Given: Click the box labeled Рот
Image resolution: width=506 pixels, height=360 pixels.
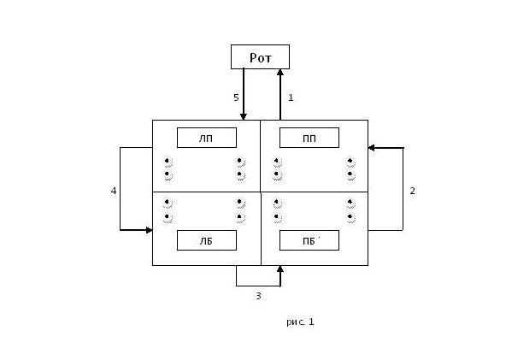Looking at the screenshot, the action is [x=260, y=56].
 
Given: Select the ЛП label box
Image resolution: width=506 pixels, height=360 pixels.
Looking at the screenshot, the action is [x=207, y=138].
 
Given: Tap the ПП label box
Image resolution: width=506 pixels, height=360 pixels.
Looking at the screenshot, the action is [x=309, y=138].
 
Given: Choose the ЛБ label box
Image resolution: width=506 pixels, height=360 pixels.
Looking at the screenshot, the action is [x=207, y=240].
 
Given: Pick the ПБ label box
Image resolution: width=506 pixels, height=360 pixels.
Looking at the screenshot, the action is [x=309, y=240].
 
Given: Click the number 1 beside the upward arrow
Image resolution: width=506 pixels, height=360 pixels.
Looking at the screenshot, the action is [x=291, y=97].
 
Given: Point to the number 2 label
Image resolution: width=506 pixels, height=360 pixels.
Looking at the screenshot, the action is [x=412, y=191].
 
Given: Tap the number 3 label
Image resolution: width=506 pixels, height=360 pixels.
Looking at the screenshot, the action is [x=258, y=296].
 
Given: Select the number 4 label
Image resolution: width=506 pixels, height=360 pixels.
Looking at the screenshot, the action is [x=114, y=191].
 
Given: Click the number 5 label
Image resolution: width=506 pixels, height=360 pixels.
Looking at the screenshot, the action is [x=236, y=97].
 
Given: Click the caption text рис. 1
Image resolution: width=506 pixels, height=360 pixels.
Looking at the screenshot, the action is [x=300, y=322].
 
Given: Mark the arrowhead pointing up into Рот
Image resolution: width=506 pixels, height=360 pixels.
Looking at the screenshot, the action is [x=280, y=73].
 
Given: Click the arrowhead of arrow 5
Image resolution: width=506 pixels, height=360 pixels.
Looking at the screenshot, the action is [x=244, y=116].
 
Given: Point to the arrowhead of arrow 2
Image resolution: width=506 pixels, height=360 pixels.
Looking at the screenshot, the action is [x=371, y=148].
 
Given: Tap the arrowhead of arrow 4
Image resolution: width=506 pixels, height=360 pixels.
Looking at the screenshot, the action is [x=149, y=230].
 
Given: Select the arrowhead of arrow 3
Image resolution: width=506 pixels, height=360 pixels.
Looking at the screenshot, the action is [x=280, y=269].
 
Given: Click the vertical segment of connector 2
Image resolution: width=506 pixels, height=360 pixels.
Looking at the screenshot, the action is [x=403, y=189].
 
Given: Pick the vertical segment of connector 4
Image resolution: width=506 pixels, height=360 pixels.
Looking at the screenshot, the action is [x=120, y=189].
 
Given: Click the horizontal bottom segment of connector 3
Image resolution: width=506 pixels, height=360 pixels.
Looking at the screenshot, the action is [x=258, y=286].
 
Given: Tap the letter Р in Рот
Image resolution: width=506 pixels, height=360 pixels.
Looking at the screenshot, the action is [x=254, y=57].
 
